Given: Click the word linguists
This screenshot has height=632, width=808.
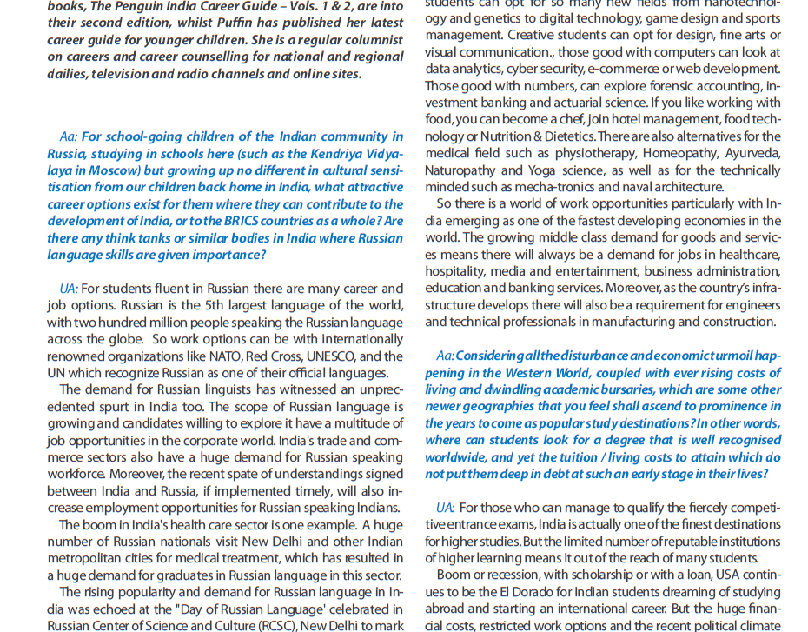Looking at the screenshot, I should pyautogui.click(x=195, y=390).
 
